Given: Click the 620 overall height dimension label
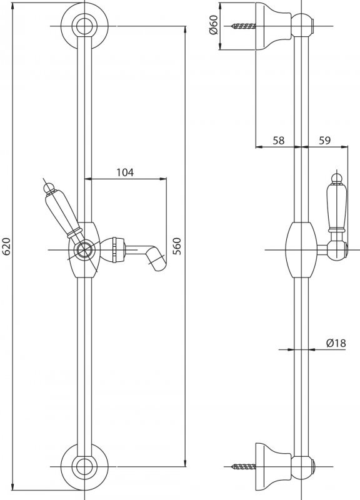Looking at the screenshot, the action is [x=7, y=246].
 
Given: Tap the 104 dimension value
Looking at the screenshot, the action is [x=125, y=172].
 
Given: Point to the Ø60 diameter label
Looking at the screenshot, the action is [x=214, y=25].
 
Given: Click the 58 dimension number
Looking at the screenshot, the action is [x=278, y=140].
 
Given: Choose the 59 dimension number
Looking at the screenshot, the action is [x=324, y=140].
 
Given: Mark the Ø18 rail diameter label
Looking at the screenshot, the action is [x=336, y=343].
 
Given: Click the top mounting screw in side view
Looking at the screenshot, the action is [x=244, y=26].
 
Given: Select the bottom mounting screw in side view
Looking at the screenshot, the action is [x=244, y=467].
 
